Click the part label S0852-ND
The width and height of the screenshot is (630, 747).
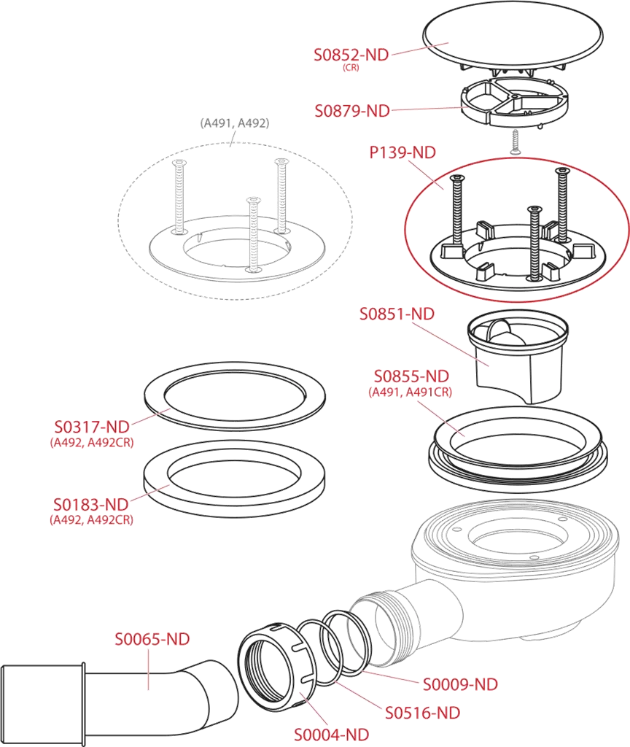click(351, 55)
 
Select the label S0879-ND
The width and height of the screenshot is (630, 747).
click(352, 111)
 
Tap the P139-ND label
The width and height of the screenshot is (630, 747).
click(402, 152)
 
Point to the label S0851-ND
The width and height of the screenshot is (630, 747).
click(397, 314)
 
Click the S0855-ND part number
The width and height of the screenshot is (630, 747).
click(411, 376)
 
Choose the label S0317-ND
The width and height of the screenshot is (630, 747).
click(92, 426)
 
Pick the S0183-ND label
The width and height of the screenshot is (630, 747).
click(91, 505)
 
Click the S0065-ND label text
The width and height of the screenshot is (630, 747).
click(152, 639)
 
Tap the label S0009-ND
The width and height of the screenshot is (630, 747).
click(461, 684)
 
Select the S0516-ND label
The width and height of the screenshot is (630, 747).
click(423, 713)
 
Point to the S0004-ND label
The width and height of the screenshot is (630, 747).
click(332, 735)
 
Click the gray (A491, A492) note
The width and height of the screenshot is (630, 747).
click(235, 123)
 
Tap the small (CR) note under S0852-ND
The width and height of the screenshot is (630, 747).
click(351, 68)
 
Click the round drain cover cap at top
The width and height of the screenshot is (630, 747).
click(513, 36)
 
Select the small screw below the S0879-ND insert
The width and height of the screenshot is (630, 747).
click(514, 142)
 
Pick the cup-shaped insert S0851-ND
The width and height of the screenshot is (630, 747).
click(518, 355)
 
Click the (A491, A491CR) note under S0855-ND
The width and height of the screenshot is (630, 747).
click(410, 392)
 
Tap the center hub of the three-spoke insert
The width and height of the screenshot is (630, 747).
click(514, 96)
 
